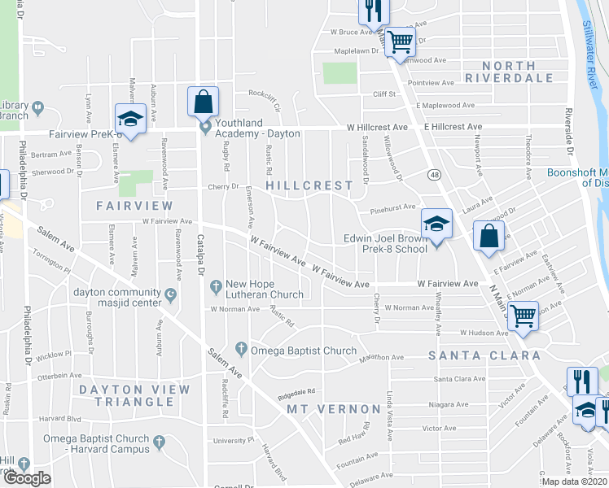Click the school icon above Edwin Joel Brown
click(436, 224)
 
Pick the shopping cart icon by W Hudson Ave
click(522, 314)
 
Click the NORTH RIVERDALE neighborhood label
click(510, 72)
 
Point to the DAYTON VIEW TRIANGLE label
click(134, 396)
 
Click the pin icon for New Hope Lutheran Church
click(216, 285)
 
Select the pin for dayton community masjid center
click(170, 294)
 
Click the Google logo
click(27, 478)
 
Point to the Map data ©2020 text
click(575, 481)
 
